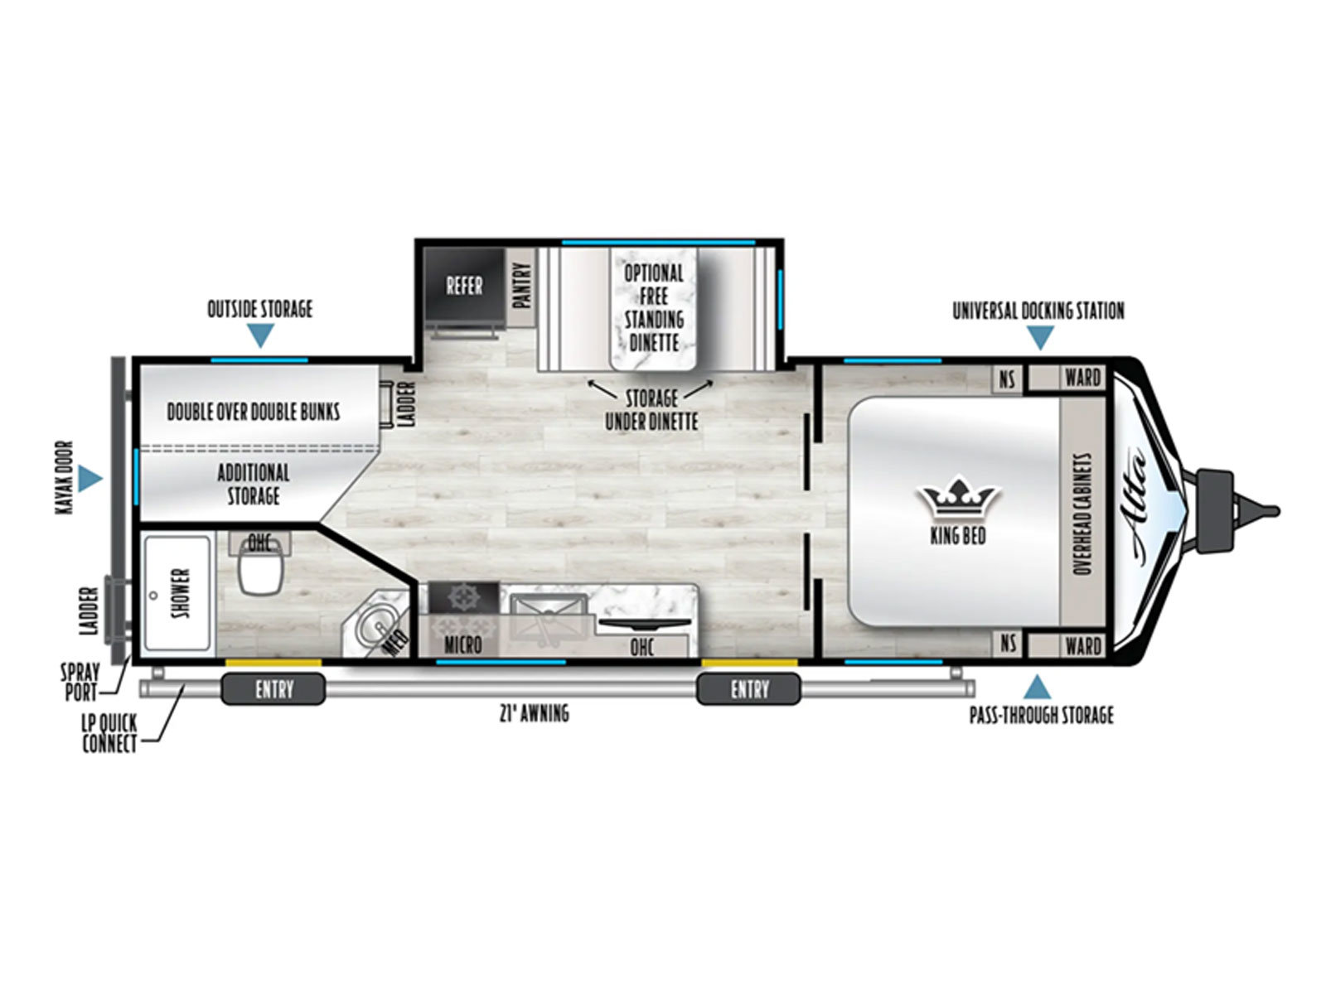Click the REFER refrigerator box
tap(463, 285)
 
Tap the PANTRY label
tap(520, 286)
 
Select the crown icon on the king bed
tap(957, 497)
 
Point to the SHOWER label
tap(180, 592)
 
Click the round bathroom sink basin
tap(375, 625)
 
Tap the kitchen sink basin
tap(548, 615)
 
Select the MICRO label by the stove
tap(462, 645)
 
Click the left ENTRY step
tap(273, 688)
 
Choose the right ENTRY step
tap(748, 688)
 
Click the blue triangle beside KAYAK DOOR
tap(90, 478)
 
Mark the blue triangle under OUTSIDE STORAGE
tap(260, 335)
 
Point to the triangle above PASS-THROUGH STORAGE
tap(1037, 687)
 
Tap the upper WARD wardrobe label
tap(1082, 378)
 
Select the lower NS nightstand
tap(1007, 644)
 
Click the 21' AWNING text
tap(534, 714)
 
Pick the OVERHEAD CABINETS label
tap(1083, 514)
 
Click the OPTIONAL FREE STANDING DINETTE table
tap(653, 308)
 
